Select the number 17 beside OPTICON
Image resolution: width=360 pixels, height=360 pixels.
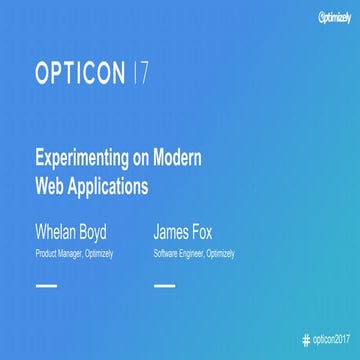143,72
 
